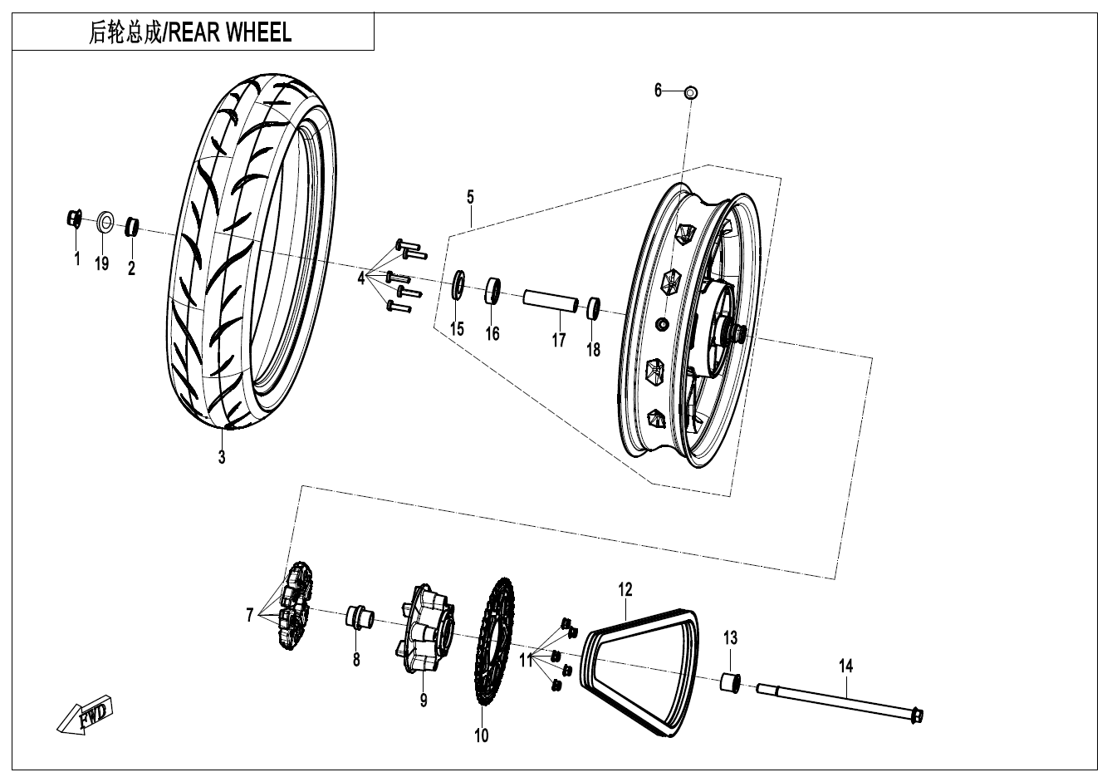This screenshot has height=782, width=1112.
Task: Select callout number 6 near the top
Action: tap(659, 90)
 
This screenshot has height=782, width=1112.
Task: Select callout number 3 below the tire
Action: tap(222, 456)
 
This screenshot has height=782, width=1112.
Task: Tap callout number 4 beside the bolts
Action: tap(361, 278)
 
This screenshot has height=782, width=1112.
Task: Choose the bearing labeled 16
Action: tap(493, 292)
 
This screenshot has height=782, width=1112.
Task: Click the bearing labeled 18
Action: tap(594, 308)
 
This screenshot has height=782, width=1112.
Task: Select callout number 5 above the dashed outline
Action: tap(470, 197)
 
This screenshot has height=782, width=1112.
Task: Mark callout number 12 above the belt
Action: tap(625, 589)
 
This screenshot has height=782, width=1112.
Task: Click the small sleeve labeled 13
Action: tap(730, 684)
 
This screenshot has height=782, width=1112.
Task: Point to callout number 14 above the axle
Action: tap(845, 666)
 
